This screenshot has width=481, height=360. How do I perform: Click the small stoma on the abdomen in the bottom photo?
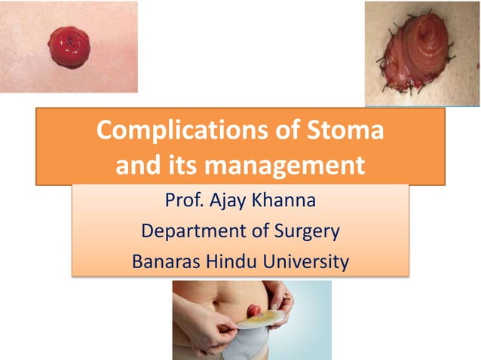(x=255, y=310)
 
